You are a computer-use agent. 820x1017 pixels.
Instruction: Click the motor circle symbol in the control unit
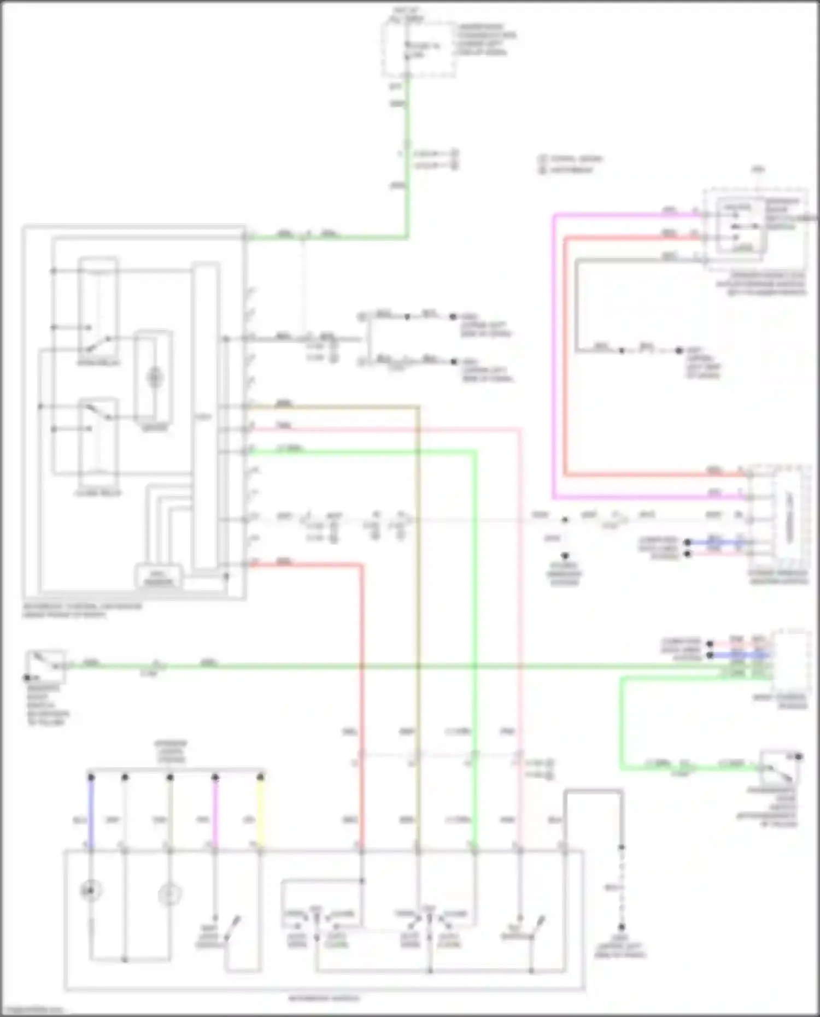click(x=155, y=377)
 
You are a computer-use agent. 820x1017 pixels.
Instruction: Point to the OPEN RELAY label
click(x=98, y=362)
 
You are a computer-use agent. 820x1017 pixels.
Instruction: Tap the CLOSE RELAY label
click(x=98, y=493)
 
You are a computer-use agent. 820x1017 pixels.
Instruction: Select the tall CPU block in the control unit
click(x=204, y=415)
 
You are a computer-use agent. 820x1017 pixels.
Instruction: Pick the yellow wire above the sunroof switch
click(x=261, y=814)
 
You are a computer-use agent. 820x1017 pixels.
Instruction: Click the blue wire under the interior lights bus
click(x=91, y=814)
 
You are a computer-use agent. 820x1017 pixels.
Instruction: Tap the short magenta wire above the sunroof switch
click(x=215, y=814)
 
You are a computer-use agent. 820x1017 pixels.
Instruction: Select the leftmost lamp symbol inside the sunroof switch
click(x=91, y=891)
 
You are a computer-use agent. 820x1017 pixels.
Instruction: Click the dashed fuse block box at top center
click(x=419, y=49)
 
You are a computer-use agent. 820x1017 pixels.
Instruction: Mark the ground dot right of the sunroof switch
click(x=622, y=927)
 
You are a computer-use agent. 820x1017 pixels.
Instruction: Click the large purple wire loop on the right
click(x=554, y=355)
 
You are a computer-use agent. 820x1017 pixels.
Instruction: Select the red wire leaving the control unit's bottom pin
click(x=361, y=656)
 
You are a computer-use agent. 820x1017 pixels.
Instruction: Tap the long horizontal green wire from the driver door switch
click(x=383, y=666)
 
